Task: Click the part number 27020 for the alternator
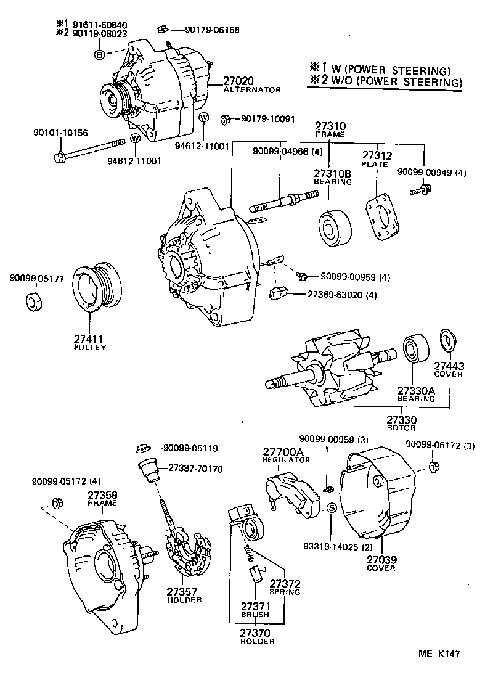[238, 81]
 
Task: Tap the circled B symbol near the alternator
[99, 55]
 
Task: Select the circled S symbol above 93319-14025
[330, 508]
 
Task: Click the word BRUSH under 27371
[253, 615]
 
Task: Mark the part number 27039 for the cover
[381, 560]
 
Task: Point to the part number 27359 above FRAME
[102, 494]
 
